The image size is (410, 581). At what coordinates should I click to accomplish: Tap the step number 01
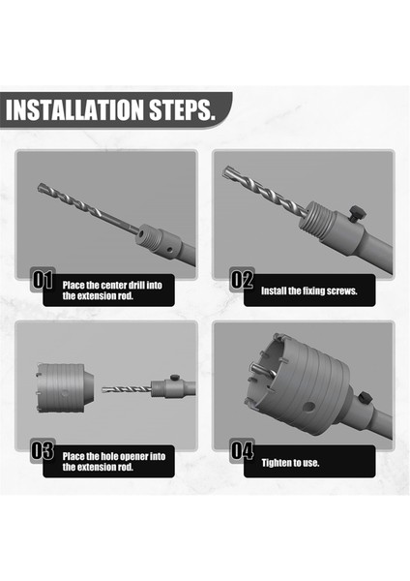click(42, 281)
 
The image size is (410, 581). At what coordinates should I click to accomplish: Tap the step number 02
click(242, 281)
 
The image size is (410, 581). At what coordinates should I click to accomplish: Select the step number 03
click(42, 450)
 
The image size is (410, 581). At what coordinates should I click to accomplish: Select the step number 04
click(242, 450)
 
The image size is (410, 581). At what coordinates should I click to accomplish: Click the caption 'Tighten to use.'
click(290, 462)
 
